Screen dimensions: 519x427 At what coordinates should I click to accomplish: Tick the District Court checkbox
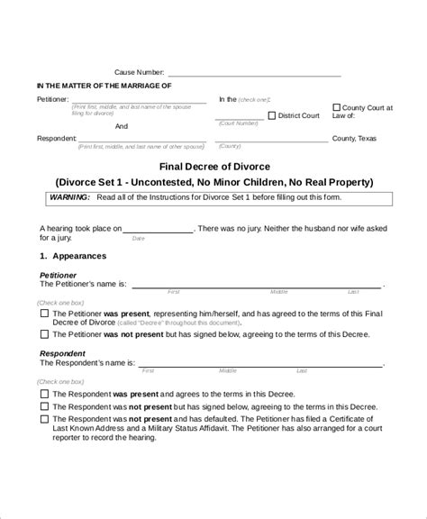point(272,114)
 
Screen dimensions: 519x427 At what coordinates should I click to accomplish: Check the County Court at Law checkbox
point(337,106)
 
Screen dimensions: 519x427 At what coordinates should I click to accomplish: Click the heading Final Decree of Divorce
point(213,166)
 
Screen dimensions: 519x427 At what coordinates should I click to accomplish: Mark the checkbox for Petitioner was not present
point(45,334)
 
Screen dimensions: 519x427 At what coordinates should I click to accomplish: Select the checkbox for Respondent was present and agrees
point(45,393)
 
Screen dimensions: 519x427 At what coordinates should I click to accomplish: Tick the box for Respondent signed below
point(45,405)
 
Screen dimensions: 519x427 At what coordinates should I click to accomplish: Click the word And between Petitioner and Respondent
point(121,126)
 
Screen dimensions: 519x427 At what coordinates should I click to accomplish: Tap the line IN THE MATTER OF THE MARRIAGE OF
point(104,86)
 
